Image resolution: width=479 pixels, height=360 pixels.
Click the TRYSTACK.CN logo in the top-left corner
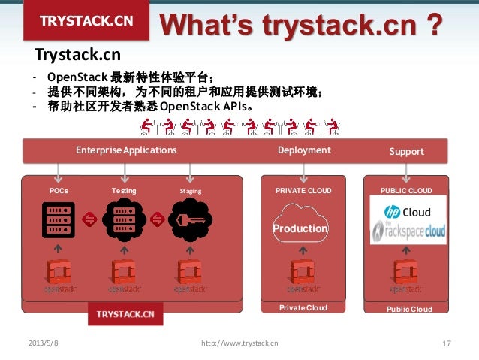(x=86, y=20)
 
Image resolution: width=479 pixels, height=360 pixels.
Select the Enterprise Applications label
(x=126, y=150)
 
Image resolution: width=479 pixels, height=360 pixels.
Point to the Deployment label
(x=304, y=150)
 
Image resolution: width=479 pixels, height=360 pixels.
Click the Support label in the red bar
(x=407, y=151)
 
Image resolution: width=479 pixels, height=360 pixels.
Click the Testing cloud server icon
(x=123, y=219)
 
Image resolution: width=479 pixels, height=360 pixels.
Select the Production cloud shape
(x=300, y=228)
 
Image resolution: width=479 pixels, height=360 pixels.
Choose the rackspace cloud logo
(x=409, y=232)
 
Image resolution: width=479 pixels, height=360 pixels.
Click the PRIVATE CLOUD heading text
(x=303, y=191)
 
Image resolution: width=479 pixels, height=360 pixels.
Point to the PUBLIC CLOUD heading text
(x=406, y=191)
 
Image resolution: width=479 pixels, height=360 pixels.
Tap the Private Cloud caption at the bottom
(x=303, y=308)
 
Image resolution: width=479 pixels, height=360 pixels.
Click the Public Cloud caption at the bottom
(x=409, y=309)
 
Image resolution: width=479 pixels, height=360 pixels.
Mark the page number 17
(x=447, y=343)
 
